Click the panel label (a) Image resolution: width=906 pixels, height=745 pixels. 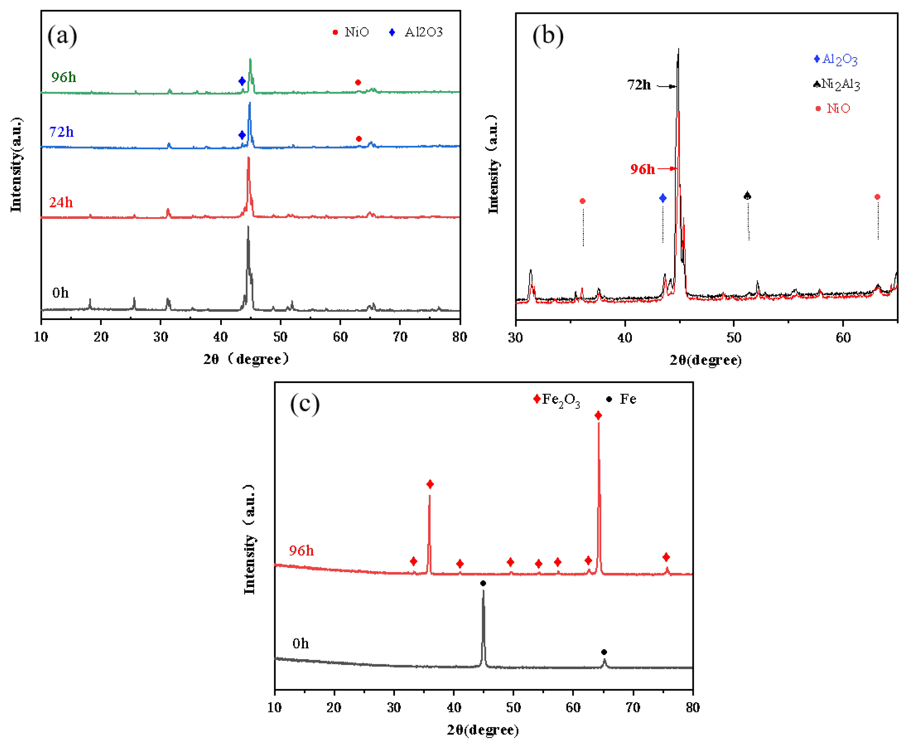coord(62,36)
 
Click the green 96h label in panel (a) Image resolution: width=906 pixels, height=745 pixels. coord(63,77)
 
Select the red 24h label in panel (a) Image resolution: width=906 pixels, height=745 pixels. coord(61,202)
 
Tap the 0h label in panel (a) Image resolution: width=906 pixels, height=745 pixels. coord(60,293)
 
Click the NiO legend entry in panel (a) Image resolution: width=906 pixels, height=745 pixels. coord(351,32)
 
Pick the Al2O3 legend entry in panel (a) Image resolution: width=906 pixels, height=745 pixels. coord(416,32)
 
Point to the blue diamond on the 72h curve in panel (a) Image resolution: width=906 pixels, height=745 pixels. coord(242,135)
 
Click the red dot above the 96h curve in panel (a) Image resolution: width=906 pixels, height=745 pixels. coord(358,82)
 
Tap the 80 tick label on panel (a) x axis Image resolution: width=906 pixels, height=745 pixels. coord(460,337)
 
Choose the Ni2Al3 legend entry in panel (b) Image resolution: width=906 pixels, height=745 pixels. coord(837,84)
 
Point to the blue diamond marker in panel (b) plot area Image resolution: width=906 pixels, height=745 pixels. coord(663,198)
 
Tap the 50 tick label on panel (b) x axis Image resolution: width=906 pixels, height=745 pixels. coord(734,338)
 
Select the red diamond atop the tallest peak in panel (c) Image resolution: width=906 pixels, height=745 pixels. coord(598,415)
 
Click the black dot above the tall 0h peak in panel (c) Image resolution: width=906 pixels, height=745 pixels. coord(483,583)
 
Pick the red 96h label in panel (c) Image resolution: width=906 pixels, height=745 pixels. coord(301,551)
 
